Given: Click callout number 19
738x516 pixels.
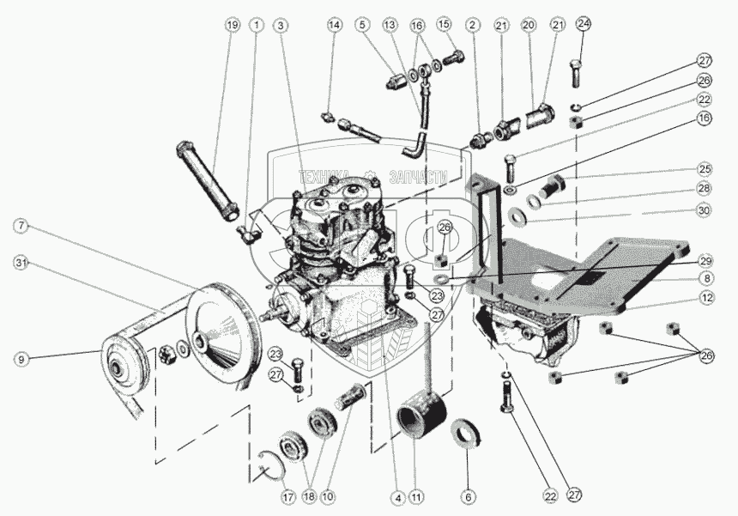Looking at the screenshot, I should pos(232,26).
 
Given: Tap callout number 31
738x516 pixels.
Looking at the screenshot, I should pos(21,262).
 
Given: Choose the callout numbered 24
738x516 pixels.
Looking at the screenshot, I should pos(584,24).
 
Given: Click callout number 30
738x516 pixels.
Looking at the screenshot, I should pos(704,210).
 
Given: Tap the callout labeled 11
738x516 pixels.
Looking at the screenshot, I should pos(417,496).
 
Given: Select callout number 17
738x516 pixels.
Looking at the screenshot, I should pos(287,496).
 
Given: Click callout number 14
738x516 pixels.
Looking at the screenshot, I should pos(335,26).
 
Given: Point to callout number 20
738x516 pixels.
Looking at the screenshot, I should pos(529,26).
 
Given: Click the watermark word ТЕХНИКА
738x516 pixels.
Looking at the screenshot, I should pos(324,177).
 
